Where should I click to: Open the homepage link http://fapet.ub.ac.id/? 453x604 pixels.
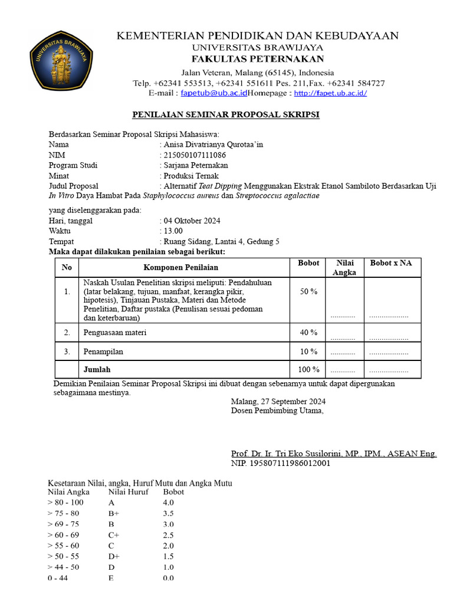coord(330,93)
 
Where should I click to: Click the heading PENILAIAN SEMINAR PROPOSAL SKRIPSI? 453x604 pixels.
coord(225,114)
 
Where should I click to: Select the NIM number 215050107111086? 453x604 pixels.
coord(195,155)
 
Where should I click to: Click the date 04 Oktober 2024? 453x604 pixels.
coord(192,221)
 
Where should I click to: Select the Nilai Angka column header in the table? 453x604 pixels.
coord(344,267)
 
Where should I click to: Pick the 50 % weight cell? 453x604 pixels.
coord(308,291)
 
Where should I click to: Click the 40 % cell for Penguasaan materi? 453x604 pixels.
coord(308,333)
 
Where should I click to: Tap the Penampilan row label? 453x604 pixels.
coord(104,352)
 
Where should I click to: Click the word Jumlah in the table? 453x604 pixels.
coord(97,370)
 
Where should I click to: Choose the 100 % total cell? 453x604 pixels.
coord(308,370)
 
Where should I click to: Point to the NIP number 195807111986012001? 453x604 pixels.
coord(281,463)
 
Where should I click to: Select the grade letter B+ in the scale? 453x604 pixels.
coord(114,513)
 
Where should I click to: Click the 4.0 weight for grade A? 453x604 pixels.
coord(168,503)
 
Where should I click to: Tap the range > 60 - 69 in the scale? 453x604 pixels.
coord(65,535)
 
